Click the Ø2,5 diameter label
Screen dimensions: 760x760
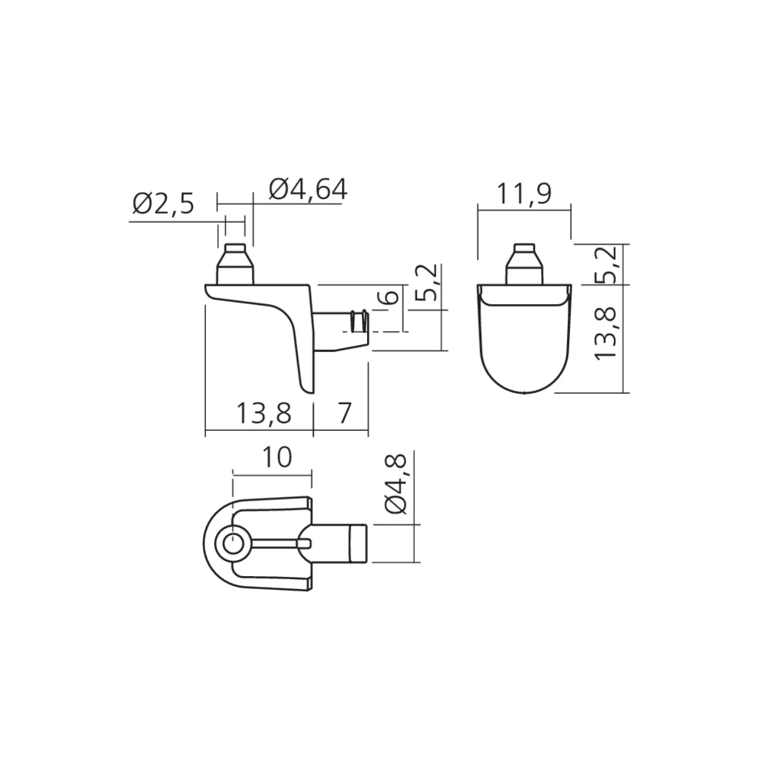(163, 204)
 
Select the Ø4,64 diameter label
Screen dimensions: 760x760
(308, 190)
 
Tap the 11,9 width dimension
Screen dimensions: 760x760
(524, 196)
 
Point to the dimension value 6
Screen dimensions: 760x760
(389, 297)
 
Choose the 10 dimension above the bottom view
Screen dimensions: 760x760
(276, 458)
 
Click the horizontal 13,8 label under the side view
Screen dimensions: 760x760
(263, 413)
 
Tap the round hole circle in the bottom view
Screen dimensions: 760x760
(231, 543)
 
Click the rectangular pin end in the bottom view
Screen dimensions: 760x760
(357, 543)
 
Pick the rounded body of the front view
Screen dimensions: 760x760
(524, 342)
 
